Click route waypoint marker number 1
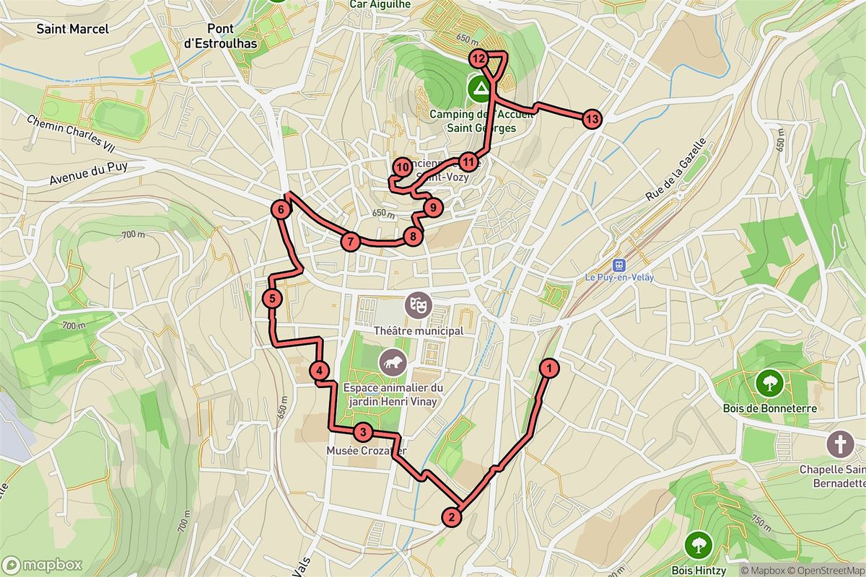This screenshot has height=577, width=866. point(550,369)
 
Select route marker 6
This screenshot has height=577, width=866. point(281,210)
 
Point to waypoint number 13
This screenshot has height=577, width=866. point(591,119)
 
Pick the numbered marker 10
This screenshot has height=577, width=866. point(402,168)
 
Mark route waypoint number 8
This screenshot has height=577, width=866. point(412,236)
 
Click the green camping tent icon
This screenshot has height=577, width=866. point(478,89)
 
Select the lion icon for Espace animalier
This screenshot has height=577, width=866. point(393,362)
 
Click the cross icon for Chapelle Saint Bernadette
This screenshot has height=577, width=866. point(839,444)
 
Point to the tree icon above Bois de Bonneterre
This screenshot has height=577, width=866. point(769,382)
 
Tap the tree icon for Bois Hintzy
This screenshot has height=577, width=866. point(698,542)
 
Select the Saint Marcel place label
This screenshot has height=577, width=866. point(72,29)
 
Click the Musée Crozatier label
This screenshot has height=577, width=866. point(367,452)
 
